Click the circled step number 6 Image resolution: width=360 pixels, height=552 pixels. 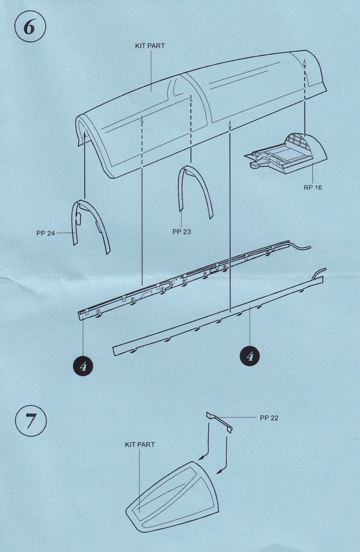click(x=30, y=27)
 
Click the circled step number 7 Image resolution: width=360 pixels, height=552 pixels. click(x=31, y=421)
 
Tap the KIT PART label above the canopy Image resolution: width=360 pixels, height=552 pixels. click(x=150, y=46)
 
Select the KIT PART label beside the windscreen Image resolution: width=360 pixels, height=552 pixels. click(x=140, y=445)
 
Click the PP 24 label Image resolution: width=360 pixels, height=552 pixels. click(x=45, y=233)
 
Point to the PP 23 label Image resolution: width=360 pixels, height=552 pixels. click(x=182, y=231)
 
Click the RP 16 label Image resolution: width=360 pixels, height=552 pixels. click(x=313, y=187)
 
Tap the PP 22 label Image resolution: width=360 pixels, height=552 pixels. click(x=269, y=418)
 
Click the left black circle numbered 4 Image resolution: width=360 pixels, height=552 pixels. click(x=83, y=366)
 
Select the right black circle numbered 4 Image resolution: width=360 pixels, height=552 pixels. click(x=250, y=356)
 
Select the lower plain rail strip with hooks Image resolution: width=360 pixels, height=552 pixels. click(x=218, y=315)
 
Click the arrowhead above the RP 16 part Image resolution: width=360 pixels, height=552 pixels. click(x=305, y=63)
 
